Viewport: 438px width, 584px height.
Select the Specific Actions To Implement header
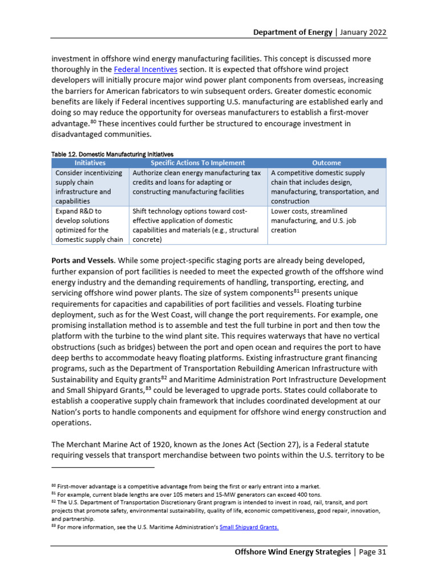pos(198,163)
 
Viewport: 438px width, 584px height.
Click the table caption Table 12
pos(112,154)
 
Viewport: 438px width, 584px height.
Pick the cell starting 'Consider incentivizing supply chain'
pos(90,187)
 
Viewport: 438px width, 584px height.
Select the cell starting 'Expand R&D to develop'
pos(90,225)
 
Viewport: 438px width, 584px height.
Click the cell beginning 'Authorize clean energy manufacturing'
pos(198,182)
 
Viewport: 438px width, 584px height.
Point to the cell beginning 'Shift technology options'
pos(198,225)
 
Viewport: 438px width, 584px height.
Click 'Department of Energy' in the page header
pos(293,32)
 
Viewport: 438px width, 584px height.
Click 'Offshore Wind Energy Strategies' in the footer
pos(293,552)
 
